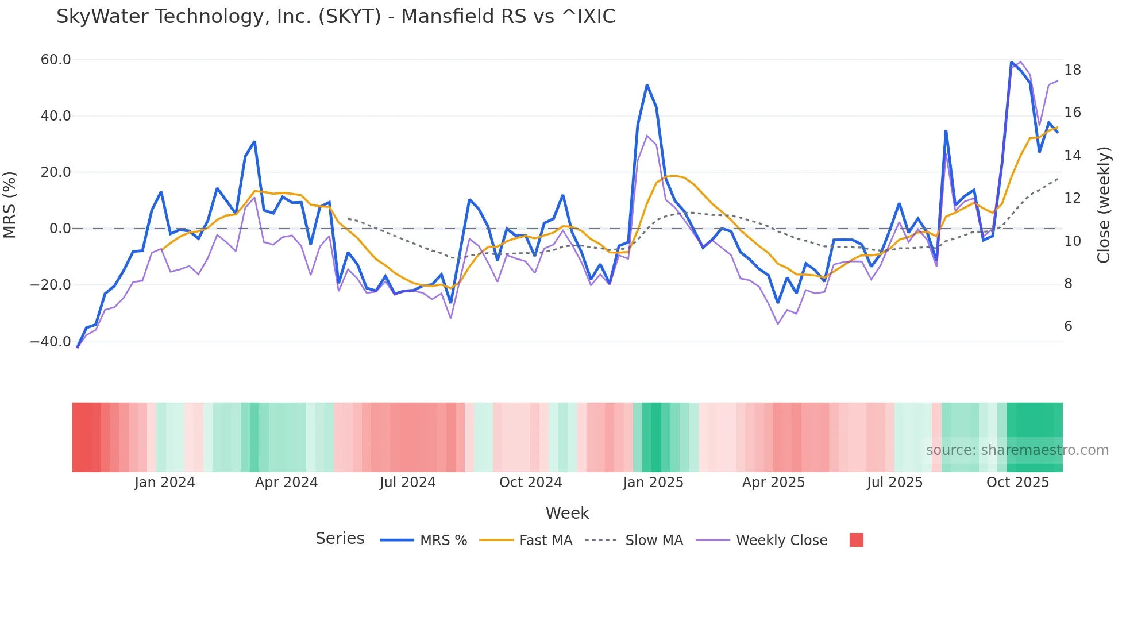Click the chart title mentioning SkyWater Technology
pyautogui.click(x=336, y=17)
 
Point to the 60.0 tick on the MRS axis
pyautogui.click(x=56, y=60)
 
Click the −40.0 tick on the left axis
pyautogui.click(x=51, y=342)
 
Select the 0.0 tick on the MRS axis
pyautogui.click(x=60, y=229)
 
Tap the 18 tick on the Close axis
pyautogui.click(x=1073, y=70)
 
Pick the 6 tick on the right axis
pyautogui.click(x=1069, y=326)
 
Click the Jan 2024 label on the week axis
pyautogui.click(x=164, y=483)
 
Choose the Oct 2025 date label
pyautogui.click(x=1017, y=483)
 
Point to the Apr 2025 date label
pyautogui.click(x=773, y=483)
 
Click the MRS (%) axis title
pyautogui.click(x=9, y=204)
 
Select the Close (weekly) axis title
pyautogui.click(x=1104, y=204)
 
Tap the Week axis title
pyautogui.click(x=567, y=513)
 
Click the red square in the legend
pyautogui.click(x=857, y=540)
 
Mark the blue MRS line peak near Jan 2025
pyautogui.click(x=647, y=86)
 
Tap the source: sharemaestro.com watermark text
pyautogui.click(x=1017, y=450)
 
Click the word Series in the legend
pyautogui.click(x=340, y=539)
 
